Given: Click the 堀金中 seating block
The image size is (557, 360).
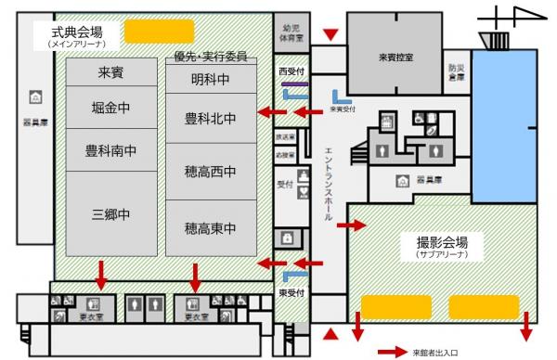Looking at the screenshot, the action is (111, 108).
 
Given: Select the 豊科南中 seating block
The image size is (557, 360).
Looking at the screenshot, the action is (111, 149).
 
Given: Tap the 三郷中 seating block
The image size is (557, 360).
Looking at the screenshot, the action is (111, 214).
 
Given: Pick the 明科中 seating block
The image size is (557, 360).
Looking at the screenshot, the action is (210, 80).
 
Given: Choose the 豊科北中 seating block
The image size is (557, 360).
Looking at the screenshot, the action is (210, 118).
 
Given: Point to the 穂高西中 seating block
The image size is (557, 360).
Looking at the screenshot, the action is (210, 172).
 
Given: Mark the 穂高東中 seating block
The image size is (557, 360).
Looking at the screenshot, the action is (210, 227).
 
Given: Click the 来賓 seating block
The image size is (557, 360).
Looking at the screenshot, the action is (111, 73).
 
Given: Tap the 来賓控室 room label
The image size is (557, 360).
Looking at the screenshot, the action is (396, 58).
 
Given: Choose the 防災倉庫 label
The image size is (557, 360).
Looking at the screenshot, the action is (455, 73).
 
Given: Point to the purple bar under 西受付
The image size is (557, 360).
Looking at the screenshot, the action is (295, 83).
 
